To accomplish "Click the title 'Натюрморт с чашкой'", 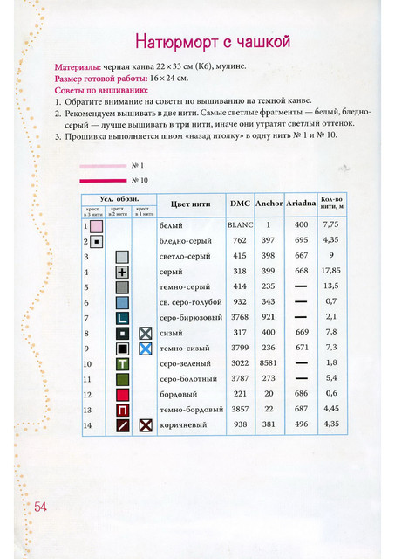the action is (x=213, y=42).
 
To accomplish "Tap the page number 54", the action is (x=39, y=507).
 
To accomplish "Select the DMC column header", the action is (x=240, y=204).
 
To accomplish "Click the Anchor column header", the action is (x=269, y=204).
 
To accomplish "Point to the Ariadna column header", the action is (x=301, y=204).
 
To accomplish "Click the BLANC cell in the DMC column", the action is (x=240, y=224).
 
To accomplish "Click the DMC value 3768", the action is (x=240, y=317).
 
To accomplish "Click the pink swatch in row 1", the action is (x=96, y=226).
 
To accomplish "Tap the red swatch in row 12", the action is (x=122, y=395).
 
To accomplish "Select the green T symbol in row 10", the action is (x=122, y=364).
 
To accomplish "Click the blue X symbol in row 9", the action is (x=146, y=349).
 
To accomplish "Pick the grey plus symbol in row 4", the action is (x=122, y=273).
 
